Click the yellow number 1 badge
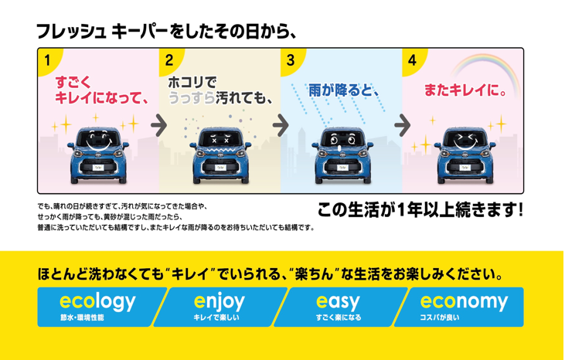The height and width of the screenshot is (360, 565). click(x=47, y=59)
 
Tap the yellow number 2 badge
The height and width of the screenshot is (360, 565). click(x=168, y=59)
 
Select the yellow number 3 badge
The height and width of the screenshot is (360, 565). click(x=290, y=59)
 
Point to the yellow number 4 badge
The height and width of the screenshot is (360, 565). click(x=412, y=59)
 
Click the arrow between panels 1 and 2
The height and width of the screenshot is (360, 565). click(x=158, y=124)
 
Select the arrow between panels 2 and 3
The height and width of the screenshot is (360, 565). click(x=280, y=124)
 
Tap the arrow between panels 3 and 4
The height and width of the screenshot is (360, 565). click(x=402, y=124)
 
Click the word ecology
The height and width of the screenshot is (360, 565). click(x=97, y=301)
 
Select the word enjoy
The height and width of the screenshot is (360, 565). click(x=220, y=301)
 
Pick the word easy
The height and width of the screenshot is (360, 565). click(x=339, y=301)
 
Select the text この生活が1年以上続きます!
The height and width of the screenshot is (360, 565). click(x=420, y=209)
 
